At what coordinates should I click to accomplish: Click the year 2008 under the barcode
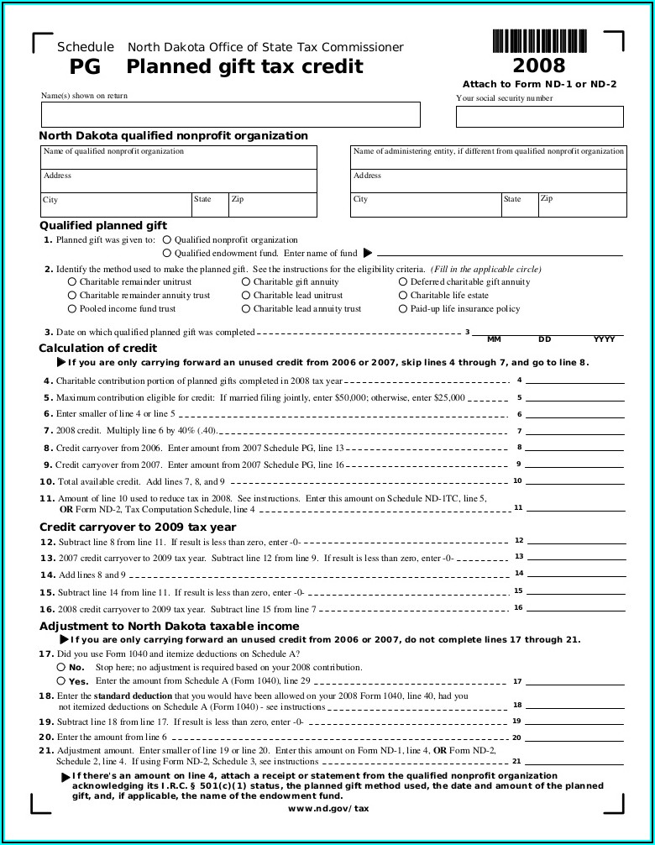point(539,66)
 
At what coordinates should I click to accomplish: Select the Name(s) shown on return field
point(230,115)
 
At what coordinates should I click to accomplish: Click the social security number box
point(539,117)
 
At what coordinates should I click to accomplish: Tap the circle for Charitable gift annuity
point(246,282)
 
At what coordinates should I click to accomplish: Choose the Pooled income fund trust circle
point(71,309)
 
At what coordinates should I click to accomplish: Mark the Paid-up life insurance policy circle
point(403,309)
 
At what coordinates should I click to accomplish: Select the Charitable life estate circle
point(403,296)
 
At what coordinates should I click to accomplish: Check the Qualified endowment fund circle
point(167,253)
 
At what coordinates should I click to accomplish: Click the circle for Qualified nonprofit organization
point(167,240)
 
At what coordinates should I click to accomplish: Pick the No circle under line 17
point(60,667)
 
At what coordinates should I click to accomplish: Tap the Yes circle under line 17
point(60,680)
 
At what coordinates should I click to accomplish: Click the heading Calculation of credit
point(97,348)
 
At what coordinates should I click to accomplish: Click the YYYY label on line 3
point(604,339)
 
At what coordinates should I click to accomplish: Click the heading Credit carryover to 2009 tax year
point(138,527)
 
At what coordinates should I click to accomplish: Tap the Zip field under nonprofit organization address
point(273,206)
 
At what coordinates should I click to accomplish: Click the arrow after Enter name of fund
point(367,253)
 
